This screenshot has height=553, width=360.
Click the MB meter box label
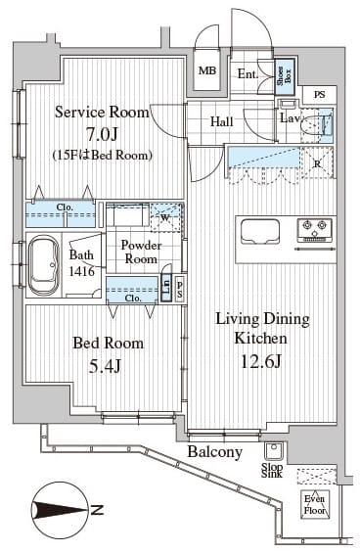[x=208, y=70]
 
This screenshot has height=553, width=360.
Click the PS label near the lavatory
[x=319, y=94]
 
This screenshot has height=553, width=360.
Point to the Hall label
[x=222, y=122]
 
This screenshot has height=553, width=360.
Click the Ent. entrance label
[x=247, y=72]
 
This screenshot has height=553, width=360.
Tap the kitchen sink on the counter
[x=260, y=231]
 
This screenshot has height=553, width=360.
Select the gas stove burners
[x=316, y=230]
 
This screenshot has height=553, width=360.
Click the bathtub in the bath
[x=43, y=265]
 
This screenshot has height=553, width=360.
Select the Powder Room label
[x=140, y=252]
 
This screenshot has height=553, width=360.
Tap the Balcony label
[x=214, y=452]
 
